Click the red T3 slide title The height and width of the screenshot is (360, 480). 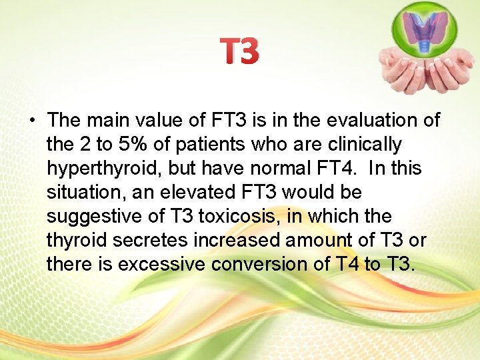tap(239, 52)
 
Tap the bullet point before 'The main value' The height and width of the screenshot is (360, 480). tap(31, 121)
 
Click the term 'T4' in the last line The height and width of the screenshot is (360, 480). tap(345, 265)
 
